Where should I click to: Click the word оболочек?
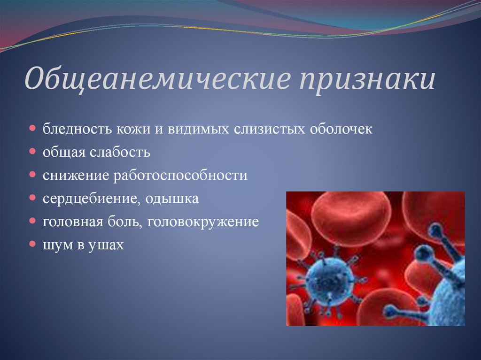click(341, 129)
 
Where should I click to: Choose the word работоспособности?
click(180, 176)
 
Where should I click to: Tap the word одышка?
click(172, 199)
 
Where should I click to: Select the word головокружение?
click(203, 222)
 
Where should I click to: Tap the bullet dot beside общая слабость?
click(32, 151)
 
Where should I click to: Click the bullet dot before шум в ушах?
click(32, 244)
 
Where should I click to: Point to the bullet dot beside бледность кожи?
click(32, 128)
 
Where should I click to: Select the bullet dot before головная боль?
click(32, 221)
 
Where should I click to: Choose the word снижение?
click(76, 176)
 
